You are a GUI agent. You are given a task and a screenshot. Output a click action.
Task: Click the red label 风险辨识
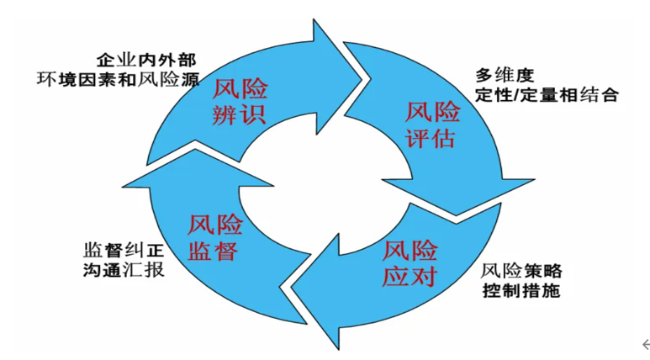(240, 101)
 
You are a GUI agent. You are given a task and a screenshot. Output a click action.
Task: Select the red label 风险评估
(433, 124)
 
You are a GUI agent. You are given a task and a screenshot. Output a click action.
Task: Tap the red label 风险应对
(410, 262)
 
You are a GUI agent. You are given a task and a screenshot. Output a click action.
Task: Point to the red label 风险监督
(214, 238)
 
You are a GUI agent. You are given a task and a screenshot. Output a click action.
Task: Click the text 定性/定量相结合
(545, 93)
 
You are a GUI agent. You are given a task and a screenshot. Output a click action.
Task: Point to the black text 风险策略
(521, 273)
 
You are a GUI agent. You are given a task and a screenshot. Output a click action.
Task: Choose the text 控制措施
(521, 292)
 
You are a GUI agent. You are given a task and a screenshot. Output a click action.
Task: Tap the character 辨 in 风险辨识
(226, 114)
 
